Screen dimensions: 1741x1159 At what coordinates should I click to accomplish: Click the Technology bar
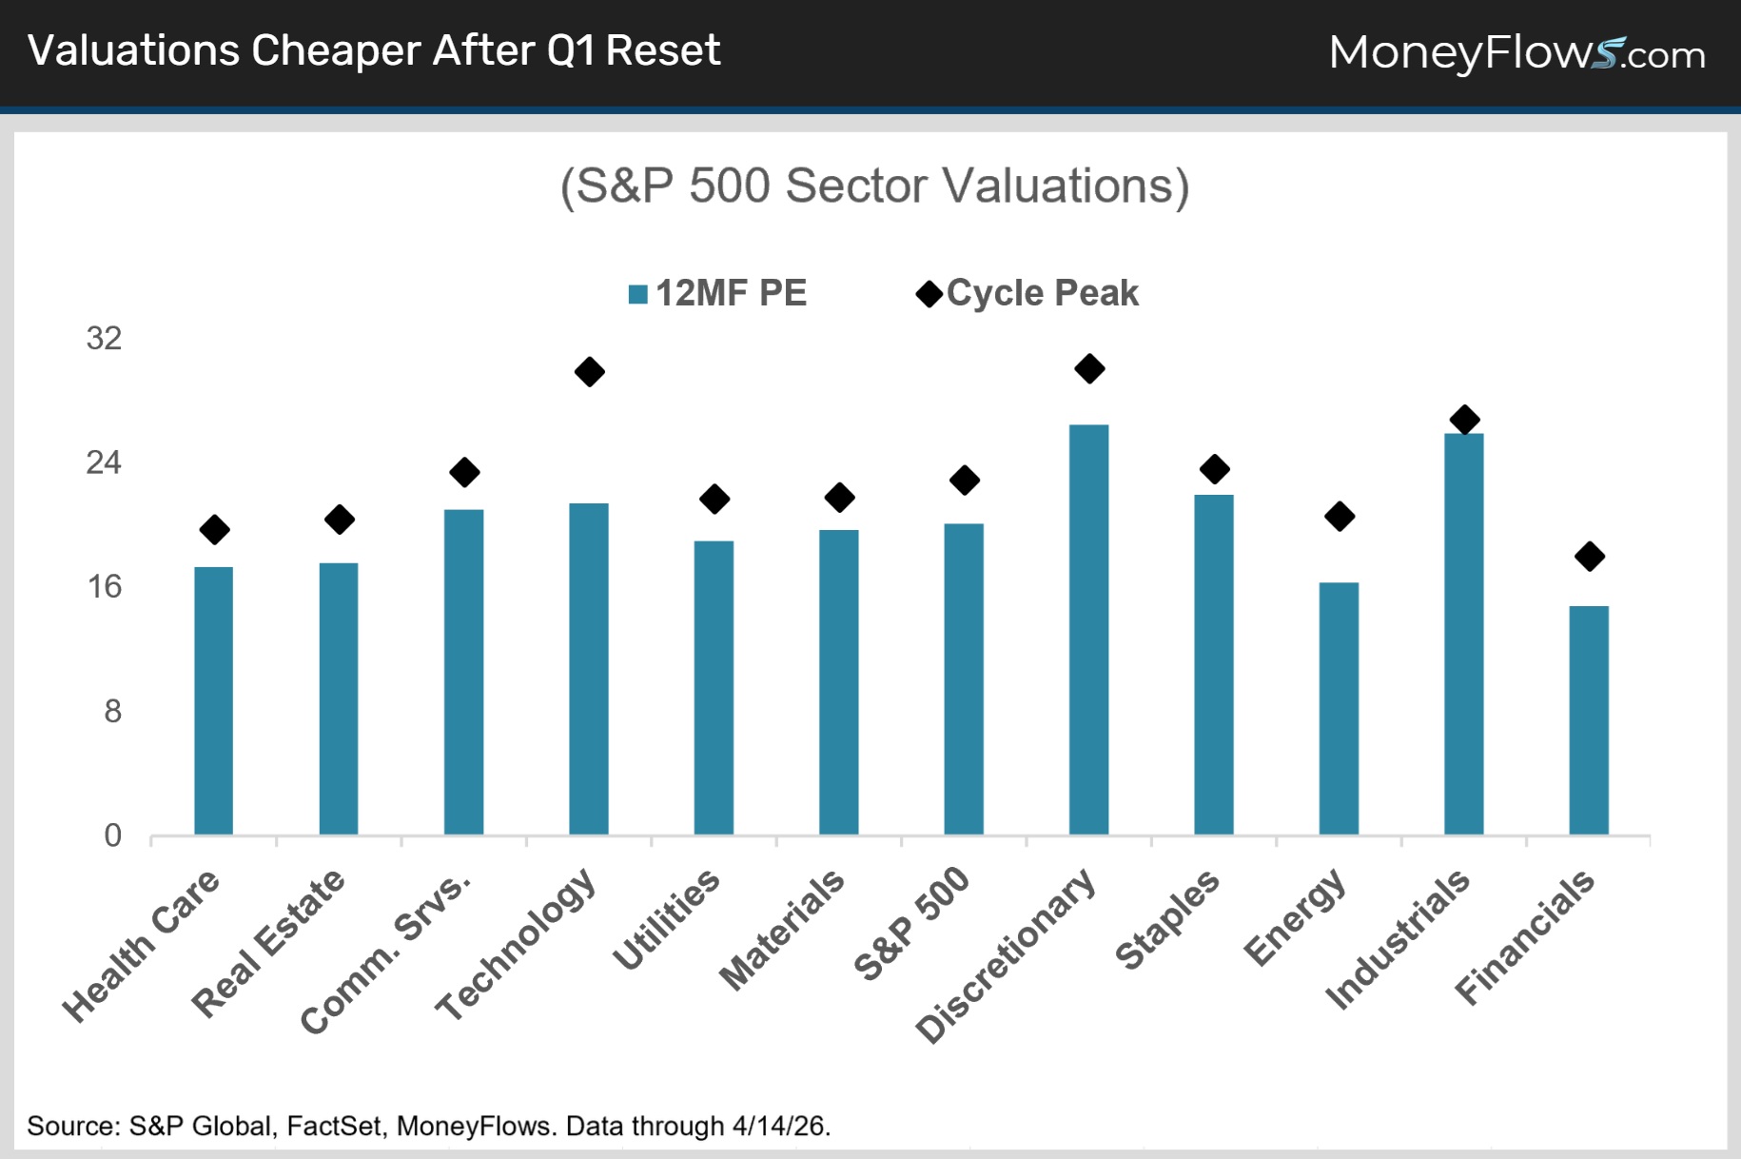pyautogui.click(x=589, y=669)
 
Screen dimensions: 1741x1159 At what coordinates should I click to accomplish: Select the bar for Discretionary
pyautogui.click(x=1089, y=630)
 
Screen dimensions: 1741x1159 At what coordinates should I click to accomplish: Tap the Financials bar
pyautogui.click(x=1589, y=720)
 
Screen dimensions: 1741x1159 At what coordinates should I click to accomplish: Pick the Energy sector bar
pyautogui.click(x=1339, y=709)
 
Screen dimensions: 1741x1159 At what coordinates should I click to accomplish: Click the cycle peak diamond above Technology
pyautogui.click(x=590, y=372)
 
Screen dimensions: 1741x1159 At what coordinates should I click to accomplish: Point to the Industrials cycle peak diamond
pyautogui.click(x=1465, y=419)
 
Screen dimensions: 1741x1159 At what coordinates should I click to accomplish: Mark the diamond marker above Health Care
pyautogui.click(x=215, y=530)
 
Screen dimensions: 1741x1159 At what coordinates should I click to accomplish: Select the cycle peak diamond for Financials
pyautogui.click(x=1590, y=557)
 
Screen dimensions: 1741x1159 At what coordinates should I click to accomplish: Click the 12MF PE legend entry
pyautogui.click(x=718, y=293)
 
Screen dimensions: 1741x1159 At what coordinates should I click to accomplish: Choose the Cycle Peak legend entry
pyautogui.click(x=1027, y=293)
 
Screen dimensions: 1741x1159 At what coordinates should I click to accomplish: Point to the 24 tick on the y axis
pyautogui.click(x=104, y=463)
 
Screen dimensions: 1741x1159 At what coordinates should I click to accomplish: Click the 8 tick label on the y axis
pyautogui.click(x=113, y=712)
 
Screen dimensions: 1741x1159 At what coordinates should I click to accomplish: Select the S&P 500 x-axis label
pyautogui.click(x=911, y=923)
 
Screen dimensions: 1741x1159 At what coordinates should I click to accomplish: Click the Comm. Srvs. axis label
pyautogui.click(x=385, y=953)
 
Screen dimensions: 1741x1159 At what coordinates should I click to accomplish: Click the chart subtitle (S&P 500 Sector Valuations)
pyautogui.click(x=874, y=187)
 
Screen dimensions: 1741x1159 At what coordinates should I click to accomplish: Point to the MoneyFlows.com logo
pyautogui.click(x=1516, y=53)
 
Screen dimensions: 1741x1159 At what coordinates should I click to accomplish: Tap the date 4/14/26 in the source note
pyautogui.click(x=781, y=1127)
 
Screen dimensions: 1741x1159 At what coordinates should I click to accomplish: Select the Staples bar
pyautogui.click(x=1214, y=665)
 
